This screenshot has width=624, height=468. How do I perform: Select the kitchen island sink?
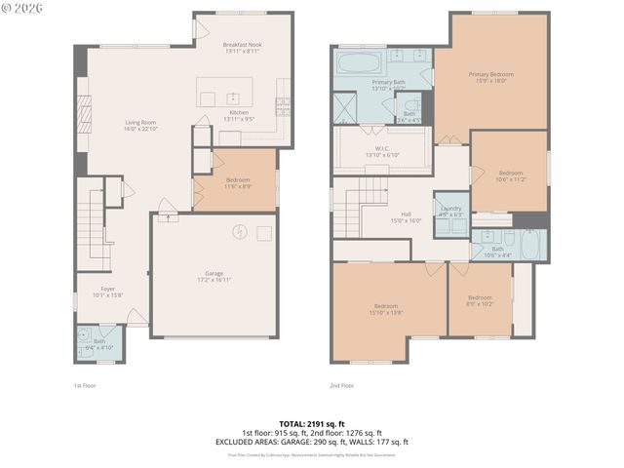(232, 97)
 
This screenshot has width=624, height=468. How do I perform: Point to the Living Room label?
(140, 126)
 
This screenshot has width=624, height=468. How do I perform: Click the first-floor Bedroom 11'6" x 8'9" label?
(237, 183)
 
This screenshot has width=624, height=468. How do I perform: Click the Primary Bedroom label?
(490, 78)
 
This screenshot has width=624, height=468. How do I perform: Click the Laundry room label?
(450, 212)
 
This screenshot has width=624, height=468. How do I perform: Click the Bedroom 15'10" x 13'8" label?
(386, 309)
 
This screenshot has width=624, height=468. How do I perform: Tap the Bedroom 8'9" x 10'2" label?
(480, 300)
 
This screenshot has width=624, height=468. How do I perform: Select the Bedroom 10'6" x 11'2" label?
(510, 176)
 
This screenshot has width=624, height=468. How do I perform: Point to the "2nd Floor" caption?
(341, 386)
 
